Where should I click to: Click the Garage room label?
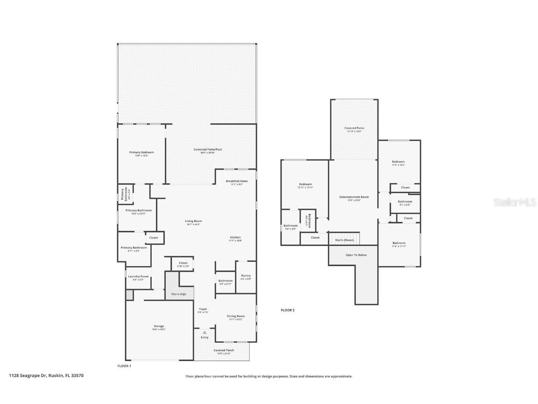(159, 326)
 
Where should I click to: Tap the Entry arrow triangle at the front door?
(205, 332)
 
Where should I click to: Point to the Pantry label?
(246, 276)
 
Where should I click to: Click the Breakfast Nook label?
(236, 181)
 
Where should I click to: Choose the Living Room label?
(193, 221)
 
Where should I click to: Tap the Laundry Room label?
(138, 276)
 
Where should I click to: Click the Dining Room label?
(236, 316)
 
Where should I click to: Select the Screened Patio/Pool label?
(208, 150)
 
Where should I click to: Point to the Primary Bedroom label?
(141, 152)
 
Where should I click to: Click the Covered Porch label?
(224, 350)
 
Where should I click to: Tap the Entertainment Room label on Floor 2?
(354, 197)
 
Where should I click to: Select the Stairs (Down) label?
(345, 240)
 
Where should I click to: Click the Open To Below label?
(356, 255)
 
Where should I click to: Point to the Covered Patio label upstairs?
(354, 128)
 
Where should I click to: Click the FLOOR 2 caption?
(287, 310)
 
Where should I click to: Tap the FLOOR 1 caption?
(124, 366)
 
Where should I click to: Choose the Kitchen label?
(235, 238)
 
